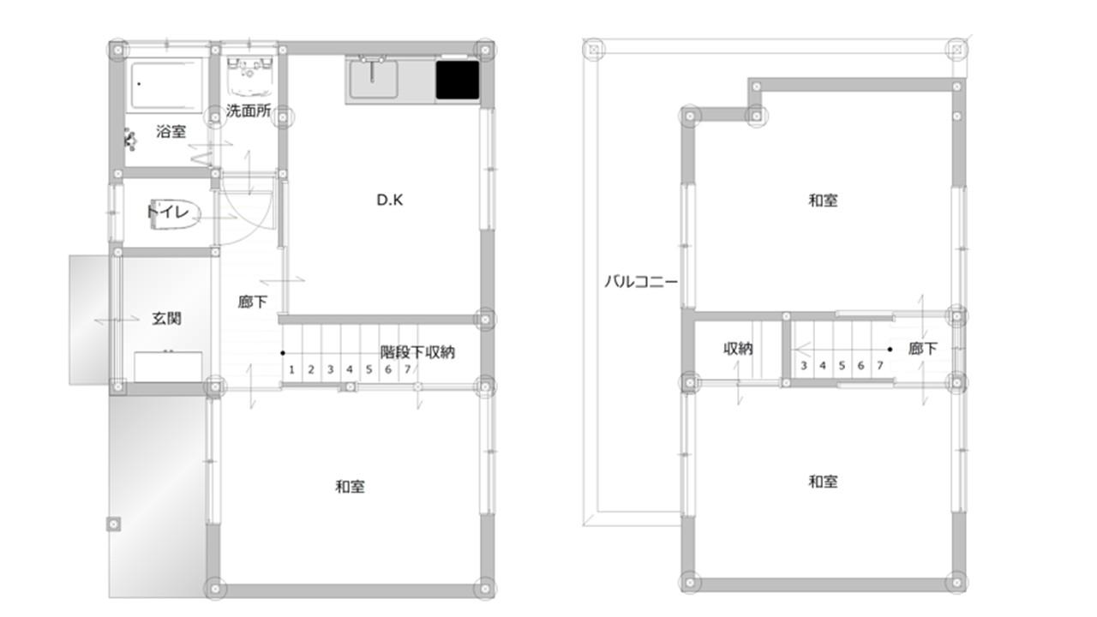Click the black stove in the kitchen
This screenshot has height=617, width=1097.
458,80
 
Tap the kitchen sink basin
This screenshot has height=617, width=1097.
373,79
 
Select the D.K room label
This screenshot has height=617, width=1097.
390,200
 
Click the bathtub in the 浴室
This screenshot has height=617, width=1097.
166,85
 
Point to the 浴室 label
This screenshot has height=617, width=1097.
171,131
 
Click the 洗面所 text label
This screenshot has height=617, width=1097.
249,111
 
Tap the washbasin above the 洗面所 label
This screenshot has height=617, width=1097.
249,77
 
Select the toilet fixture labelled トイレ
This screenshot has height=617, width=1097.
175,214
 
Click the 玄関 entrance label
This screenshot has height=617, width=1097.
166,319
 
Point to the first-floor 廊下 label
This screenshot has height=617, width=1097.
253,302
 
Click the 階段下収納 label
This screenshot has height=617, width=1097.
417,352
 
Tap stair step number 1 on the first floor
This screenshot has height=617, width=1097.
291,369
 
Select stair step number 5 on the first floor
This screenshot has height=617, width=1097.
369,369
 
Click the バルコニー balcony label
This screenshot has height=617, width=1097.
641,282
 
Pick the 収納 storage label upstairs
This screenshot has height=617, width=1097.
738,349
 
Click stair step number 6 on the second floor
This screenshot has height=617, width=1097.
860,365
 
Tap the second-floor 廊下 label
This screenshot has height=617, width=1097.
923,349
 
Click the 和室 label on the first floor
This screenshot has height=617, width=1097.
350,487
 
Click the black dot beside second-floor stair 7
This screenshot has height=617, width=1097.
890,349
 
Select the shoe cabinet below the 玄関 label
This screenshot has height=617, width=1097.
168,366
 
